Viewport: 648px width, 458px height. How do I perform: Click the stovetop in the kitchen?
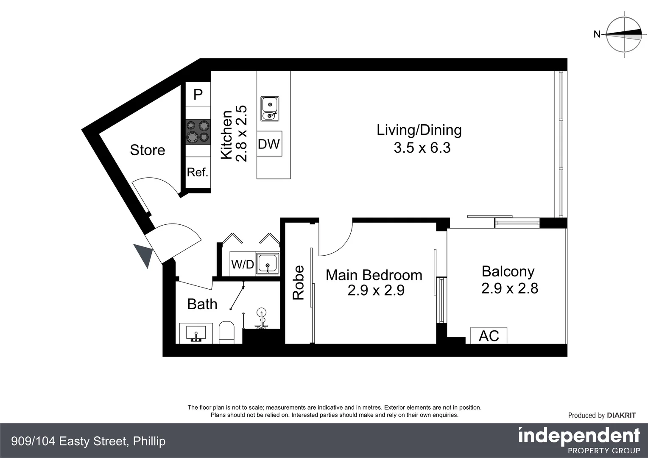198,131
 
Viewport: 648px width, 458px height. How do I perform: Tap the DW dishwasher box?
269,144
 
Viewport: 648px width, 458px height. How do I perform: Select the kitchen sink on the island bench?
270,109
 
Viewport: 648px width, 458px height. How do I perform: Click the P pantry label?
198,94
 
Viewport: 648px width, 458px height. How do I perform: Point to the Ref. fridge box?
198,173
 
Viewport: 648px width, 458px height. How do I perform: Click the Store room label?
148,150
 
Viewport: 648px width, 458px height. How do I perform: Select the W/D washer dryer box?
243,264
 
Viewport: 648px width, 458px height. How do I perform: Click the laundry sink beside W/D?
268,264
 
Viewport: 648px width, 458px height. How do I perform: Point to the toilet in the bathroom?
226,332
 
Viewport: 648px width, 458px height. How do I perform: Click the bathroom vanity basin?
196,333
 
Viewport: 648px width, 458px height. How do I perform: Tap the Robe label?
298,282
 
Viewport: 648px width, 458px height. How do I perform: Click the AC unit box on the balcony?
489,335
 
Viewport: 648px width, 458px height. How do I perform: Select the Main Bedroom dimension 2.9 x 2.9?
376,290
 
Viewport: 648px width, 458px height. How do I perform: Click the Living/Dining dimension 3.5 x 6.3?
422,148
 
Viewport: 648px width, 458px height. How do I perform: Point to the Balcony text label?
508,272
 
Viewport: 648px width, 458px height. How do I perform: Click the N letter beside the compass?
597,34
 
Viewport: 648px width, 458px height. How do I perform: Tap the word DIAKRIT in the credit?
621,416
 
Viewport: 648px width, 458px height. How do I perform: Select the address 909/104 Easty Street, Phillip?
88,441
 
